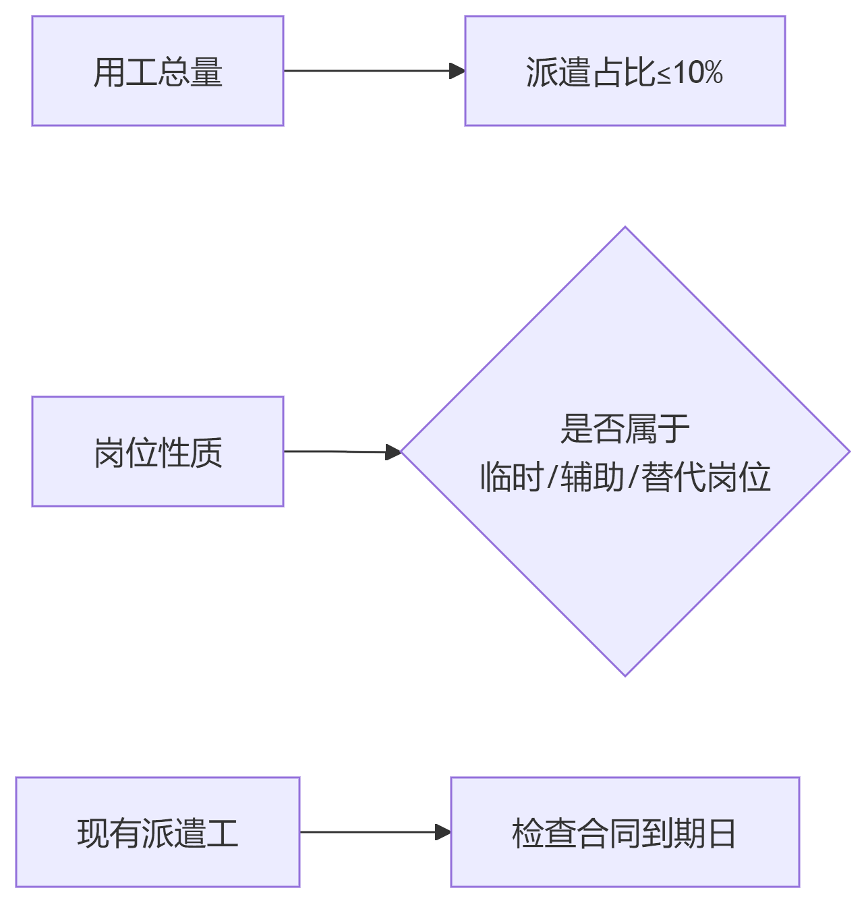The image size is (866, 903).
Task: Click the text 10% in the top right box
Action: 699,72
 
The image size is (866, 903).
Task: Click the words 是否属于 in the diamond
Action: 625,429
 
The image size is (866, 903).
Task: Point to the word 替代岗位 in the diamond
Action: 705,478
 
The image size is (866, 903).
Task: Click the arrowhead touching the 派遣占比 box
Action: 457,70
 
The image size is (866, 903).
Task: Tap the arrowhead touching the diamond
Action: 393,452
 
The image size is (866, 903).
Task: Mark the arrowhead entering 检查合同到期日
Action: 443,832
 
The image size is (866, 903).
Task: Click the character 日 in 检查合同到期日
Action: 722,833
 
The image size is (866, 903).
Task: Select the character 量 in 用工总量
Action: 206,72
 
